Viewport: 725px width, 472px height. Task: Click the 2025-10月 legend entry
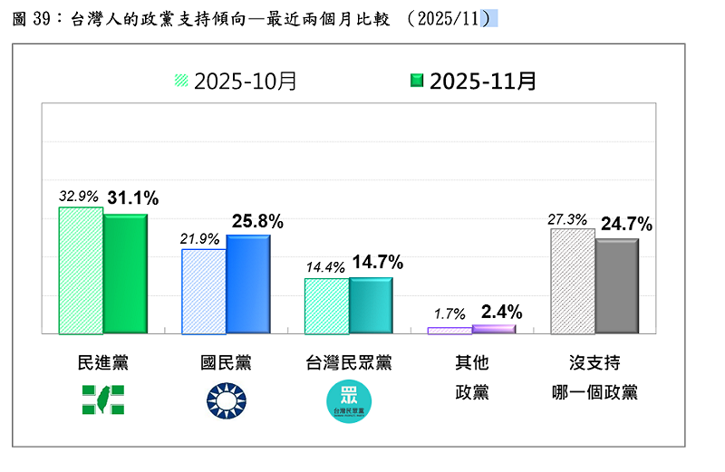point(236,81)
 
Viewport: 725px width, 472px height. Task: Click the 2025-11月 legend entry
point(474,81)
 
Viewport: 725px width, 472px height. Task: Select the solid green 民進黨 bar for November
point(125,274)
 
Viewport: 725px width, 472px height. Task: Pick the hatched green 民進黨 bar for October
point(81,270)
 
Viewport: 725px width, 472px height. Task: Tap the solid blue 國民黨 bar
point(247,284)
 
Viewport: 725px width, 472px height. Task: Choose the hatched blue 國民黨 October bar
point(204,291)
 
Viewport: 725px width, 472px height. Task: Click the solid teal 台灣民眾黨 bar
point(371,305)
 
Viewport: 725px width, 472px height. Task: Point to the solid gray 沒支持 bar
point(616,285)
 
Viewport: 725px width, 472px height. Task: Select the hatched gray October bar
point(573,281)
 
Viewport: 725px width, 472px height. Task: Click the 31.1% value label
point(132,197)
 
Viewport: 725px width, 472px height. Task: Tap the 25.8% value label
point(258,220)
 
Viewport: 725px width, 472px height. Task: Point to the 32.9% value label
point(79,196)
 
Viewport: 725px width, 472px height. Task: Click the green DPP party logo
point(103,400)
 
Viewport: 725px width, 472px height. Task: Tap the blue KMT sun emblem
point(226,400)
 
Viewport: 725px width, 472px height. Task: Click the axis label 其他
point(471,363)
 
